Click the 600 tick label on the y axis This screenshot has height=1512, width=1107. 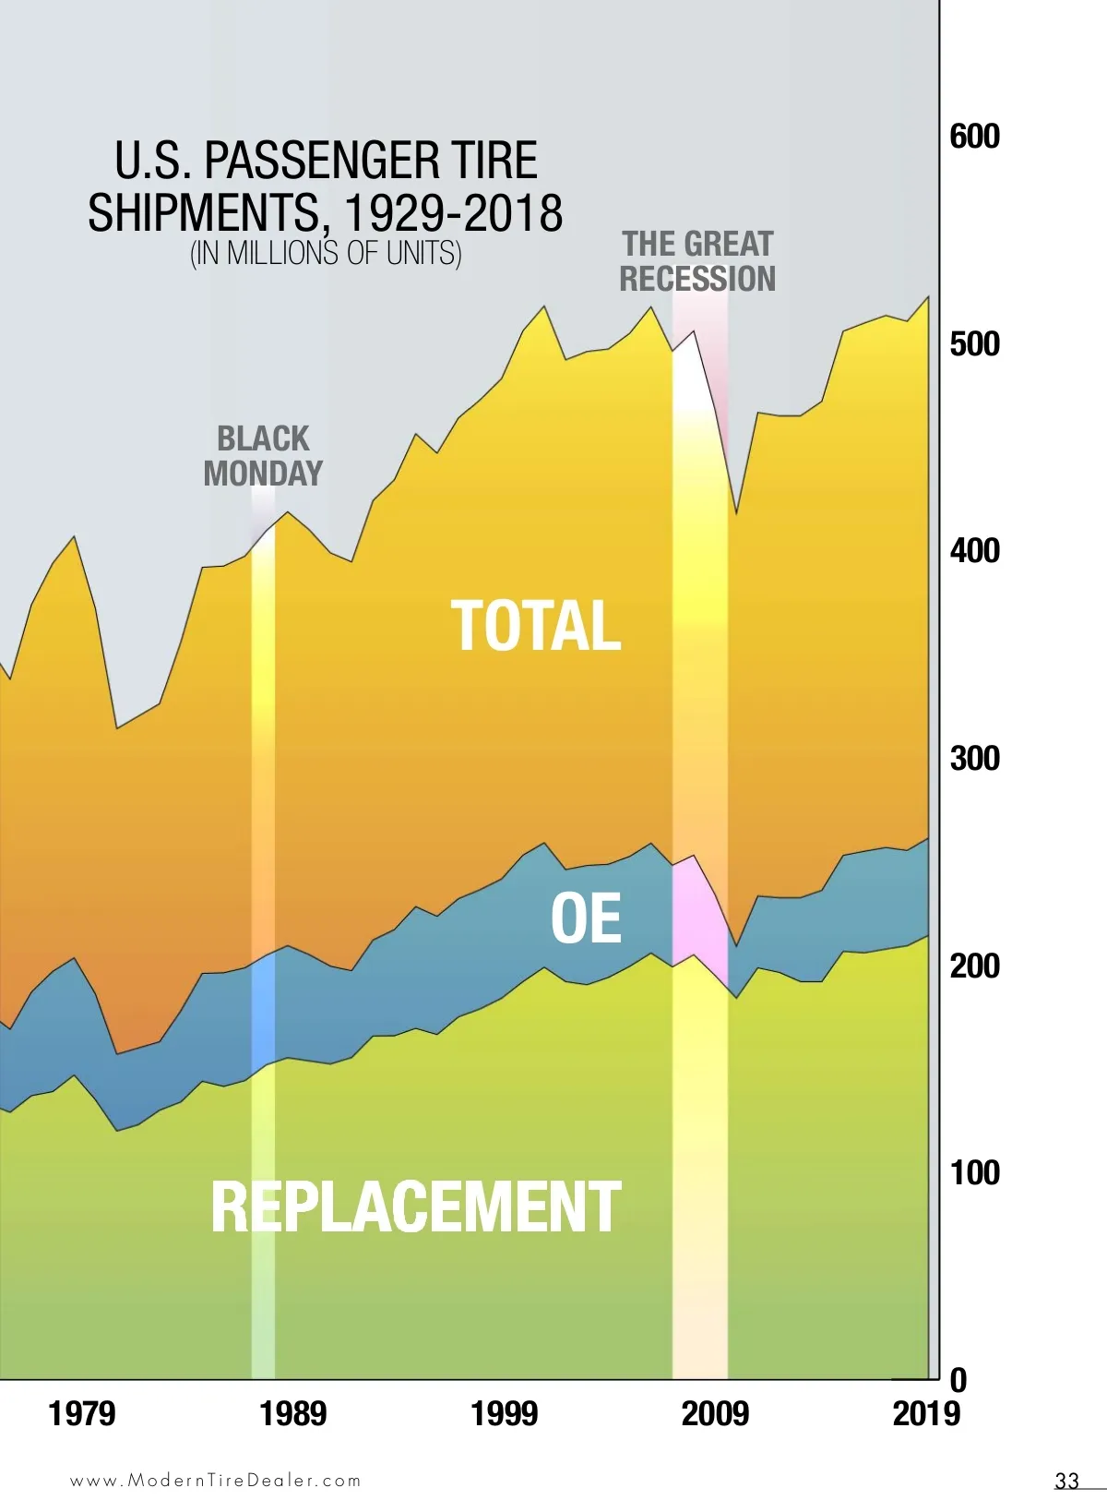974,137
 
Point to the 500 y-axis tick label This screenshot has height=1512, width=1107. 974,344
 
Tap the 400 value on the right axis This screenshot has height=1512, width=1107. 974,551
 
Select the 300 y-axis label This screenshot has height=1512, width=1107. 974,759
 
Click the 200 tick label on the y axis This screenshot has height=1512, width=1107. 974,966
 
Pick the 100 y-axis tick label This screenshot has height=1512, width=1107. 974,1173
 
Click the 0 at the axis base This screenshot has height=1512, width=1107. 958,1381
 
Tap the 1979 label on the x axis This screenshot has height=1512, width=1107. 82,1414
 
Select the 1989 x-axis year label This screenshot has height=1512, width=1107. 293,1414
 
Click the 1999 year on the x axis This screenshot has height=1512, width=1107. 504,1414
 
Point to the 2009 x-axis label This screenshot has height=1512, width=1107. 715,1414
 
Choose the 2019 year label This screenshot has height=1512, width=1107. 926,1414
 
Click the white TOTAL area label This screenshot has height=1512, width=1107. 536,626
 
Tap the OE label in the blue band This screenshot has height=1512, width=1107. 586,918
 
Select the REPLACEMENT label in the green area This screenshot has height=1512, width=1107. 416,1206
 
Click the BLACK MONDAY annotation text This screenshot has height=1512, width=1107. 263,456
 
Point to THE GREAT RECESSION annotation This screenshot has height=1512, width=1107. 697,261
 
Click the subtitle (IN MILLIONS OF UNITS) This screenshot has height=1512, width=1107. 326,253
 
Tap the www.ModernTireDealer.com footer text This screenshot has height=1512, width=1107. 216,1481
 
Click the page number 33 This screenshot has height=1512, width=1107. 1066,1481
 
